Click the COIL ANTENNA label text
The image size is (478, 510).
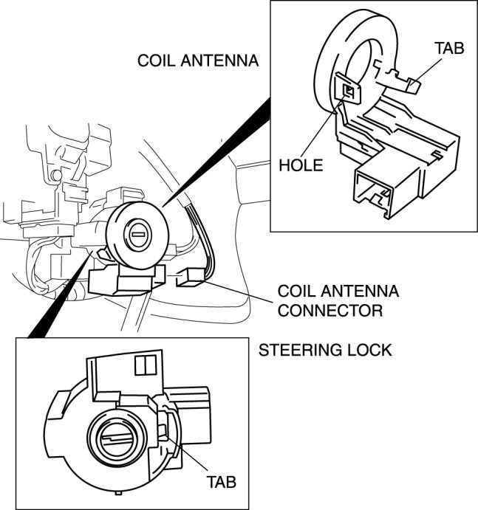[198, 61]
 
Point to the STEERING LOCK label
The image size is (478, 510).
[324, 350]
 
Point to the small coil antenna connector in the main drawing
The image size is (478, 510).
[191, 278]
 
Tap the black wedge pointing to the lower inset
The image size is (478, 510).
[59, 295]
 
